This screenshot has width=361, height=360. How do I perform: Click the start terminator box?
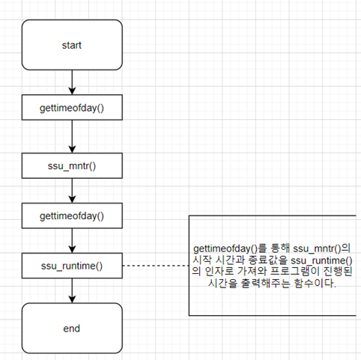72,45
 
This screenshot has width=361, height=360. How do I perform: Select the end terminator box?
72,327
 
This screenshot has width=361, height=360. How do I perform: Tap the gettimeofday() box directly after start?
72,109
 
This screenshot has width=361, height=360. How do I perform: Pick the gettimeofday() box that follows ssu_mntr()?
72,216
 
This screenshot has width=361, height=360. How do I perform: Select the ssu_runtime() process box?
72,265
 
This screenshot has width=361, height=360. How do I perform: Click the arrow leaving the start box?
72,82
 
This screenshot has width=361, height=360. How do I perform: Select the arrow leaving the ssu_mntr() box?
72,189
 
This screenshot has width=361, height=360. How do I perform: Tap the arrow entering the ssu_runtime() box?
72,240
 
